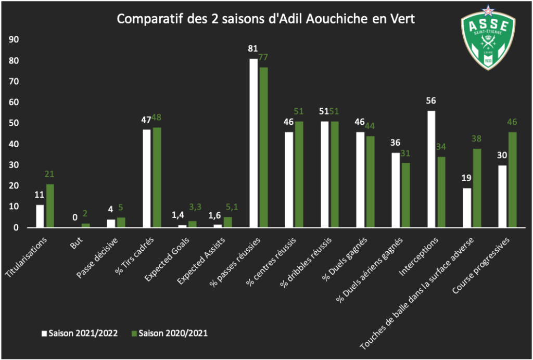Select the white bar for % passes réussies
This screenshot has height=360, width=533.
(253, 143)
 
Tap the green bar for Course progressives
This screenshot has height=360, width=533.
(513, 179)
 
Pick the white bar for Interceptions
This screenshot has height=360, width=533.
(431, 169)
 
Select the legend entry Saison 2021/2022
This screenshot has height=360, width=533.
(78, 333)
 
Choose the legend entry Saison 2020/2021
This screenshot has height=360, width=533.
(168, 333)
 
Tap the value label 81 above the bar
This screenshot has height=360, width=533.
(253, 49)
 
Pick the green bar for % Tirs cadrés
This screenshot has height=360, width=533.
(157, 177)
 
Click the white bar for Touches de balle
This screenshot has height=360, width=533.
(466, 208)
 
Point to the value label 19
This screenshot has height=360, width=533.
(466, 178)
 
